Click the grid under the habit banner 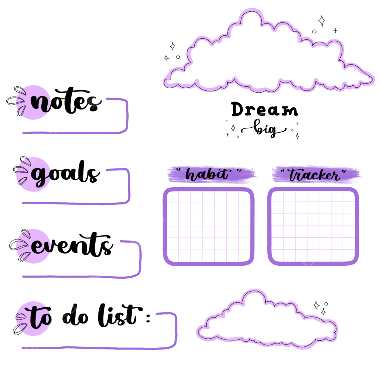[x=209, y=226]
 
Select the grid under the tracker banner [x=313, y=226]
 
